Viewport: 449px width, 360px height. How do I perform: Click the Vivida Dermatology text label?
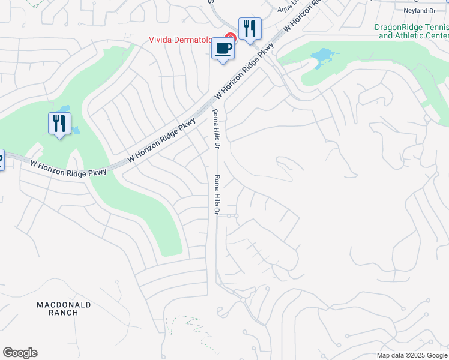[186, 40]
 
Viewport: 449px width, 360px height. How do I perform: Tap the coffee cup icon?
[223, 49]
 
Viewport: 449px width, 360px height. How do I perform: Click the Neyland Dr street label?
[420, 11]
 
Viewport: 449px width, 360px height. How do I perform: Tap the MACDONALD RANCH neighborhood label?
[64, 308]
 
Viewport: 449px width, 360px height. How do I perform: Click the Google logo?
[20, 353]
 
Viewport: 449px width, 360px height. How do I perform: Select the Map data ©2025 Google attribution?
[412, 355]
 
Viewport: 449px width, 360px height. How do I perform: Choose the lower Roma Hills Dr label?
[217, 196]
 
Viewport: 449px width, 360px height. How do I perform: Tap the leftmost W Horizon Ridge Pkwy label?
[68, 167]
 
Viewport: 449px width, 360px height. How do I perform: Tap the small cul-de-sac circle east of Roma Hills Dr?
[236, 215]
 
